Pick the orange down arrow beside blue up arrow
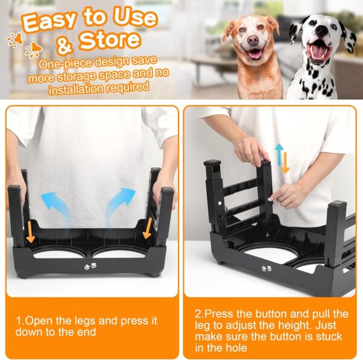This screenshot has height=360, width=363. pos(286,162)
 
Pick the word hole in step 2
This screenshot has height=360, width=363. pos(229,347)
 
